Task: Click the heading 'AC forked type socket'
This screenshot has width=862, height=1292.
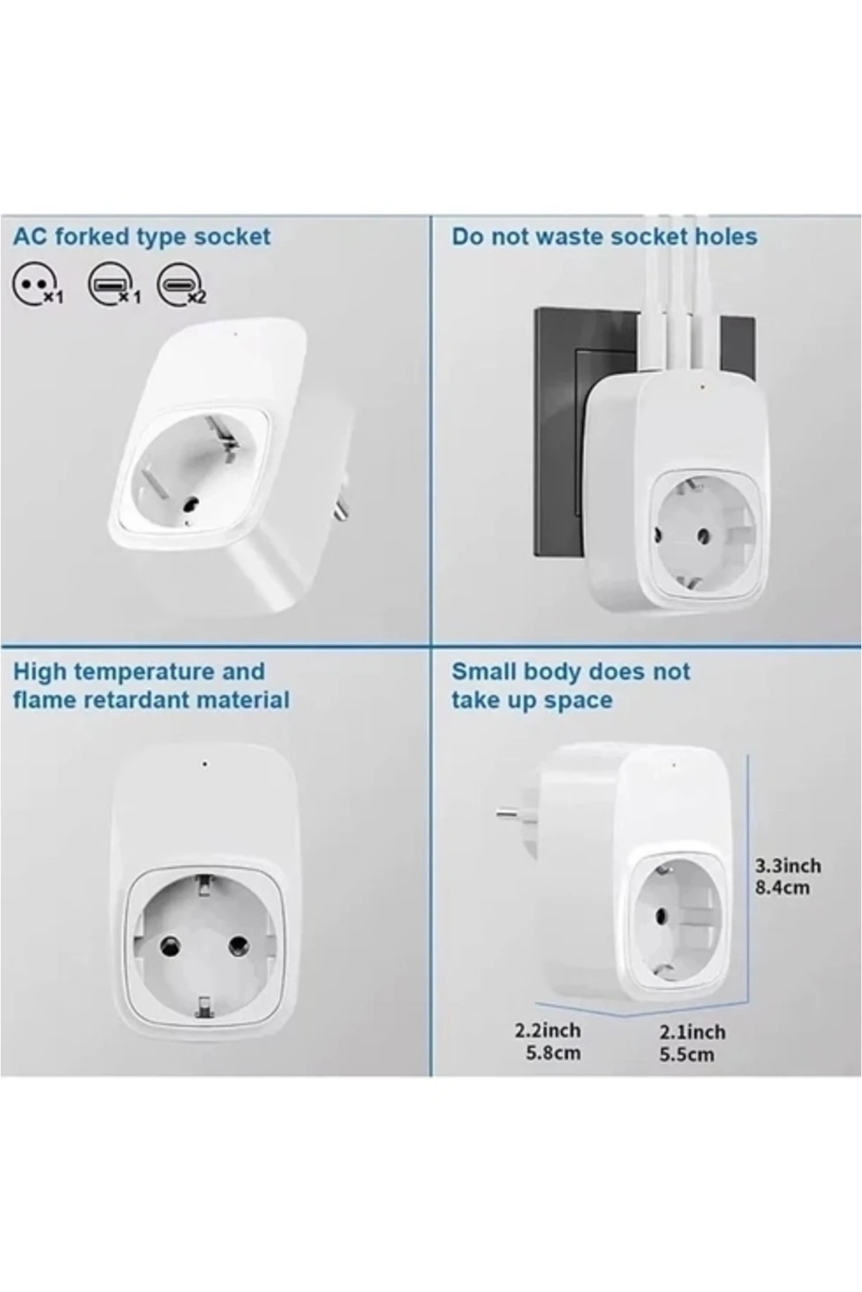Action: pyautogui.click(x=142, y=237)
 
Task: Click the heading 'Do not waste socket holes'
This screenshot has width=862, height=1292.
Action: pyautogui.click(x=604, y=237)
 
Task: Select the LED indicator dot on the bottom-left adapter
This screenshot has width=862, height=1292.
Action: pyautogui.click(x=205, y=764)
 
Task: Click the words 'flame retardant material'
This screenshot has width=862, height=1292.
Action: pyautogui.click(x=151, y=700)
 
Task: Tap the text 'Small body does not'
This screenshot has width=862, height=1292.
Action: pyautogui.click(x=570, y=672)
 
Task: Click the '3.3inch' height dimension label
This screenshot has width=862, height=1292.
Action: pyautogui.click(x=787, y=865)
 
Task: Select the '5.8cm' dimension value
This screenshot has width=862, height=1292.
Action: pyautogui.click(x=552, y=1054)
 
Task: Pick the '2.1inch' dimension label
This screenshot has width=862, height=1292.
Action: pyautogui.click(x=692, y=1032)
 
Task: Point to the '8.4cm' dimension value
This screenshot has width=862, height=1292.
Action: pyautogui.click(x=782, y=888)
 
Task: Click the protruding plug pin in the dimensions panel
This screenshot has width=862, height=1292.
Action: pyautogui.click(x=511, y=813)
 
